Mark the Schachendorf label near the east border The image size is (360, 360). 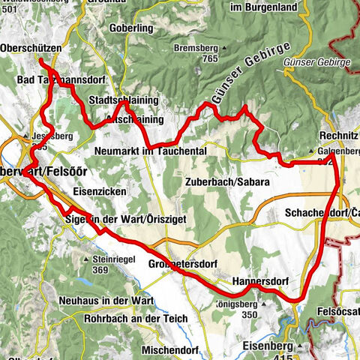click(321, 213)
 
